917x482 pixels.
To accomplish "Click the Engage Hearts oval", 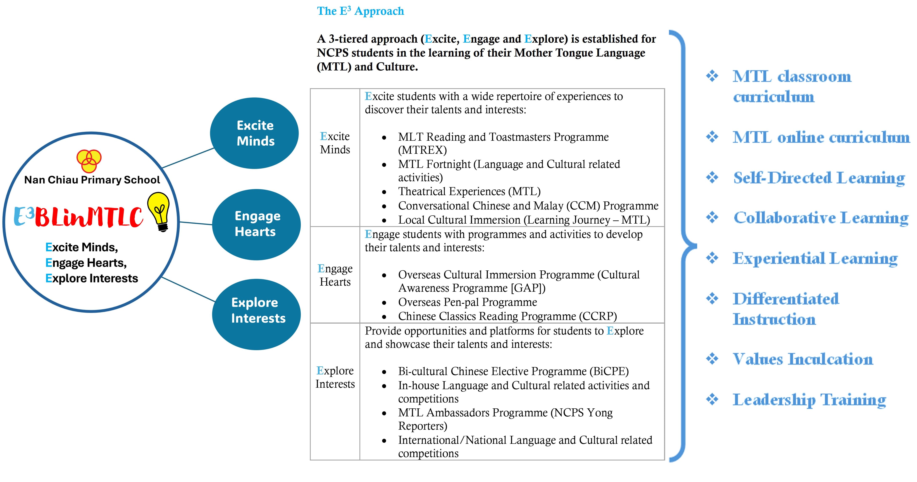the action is click(256, 224).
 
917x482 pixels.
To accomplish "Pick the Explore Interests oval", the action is click(256, 314).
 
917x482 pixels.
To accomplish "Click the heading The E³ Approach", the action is click(361, 11).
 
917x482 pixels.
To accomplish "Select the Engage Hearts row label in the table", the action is click(335, 275).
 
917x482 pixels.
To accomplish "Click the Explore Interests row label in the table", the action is click(335, 377).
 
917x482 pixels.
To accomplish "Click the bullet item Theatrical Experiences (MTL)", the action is click(469, 192).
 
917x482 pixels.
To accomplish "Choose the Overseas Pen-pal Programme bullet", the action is click(467, 302).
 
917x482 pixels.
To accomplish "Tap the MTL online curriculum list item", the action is click(821, 137).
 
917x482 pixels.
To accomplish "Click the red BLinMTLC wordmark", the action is click(89, 217).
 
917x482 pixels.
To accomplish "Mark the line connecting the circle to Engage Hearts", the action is click(196, 223).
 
